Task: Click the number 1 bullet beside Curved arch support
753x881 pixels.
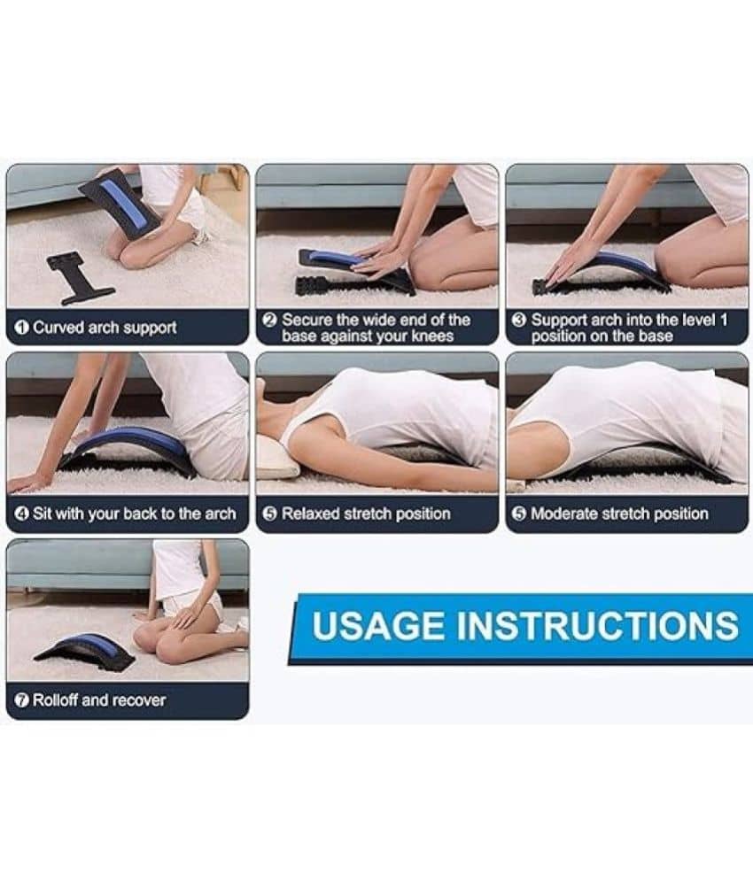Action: point(21,328)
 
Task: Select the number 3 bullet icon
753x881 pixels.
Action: point(520,321)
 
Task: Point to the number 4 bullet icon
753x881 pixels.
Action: point(21,514)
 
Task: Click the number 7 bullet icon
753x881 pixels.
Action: point(21,700)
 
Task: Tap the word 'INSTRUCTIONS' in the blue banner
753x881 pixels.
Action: point(597,626)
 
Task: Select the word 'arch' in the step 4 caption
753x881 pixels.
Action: point(221,514)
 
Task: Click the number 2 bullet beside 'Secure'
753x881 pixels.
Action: point(270,321)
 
